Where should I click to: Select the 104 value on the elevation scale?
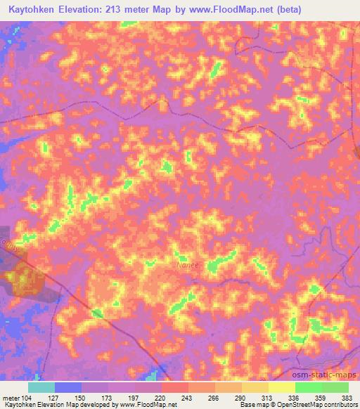coord(28,397)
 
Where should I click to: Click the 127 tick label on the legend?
coord(55,397)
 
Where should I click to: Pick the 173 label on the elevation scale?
coord(108,397)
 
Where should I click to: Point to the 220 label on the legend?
coord(161,397)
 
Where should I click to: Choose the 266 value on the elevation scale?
coord(214,397)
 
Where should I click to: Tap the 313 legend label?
coord(268,397)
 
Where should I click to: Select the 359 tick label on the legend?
coord(321,397)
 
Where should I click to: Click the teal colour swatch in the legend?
coord(41,387)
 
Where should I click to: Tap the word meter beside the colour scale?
coord(11,397)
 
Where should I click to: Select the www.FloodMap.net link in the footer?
coord(147,405)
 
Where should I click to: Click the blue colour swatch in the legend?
coord(68,387)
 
